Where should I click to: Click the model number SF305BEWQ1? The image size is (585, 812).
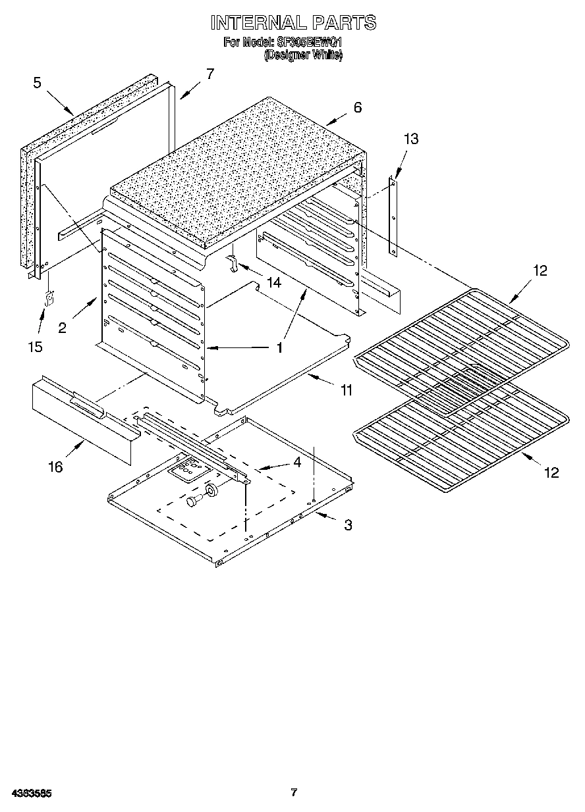click(309, 43)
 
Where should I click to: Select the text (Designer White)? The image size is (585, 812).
click(303, 56)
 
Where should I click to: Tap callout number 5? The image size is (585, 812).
click(37, 82)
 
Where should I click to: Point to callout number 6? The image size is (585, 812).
click(357, 108)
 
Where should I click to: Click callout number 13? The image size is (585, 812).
click(411, 139)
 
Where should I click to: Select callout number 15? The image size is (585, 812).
click(36, 346)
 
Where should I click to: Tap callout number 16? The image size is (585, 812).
click(55, 467)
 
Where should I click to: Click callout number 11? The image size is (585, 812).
click(346, 390)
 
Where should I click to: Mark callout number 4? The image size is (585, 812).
click(297, 463)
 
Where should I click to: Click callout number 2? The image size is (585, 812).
click(62, 328)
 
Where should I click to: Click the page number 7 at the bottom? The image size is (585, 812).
click(294, 792)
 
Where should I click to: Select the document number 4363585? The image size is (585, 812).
click(31, 793)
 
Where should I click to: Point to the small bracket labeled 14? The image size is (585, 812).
click(233, 263)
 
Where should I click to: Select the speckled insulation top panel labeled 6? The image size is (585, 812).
click(237, 171)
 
